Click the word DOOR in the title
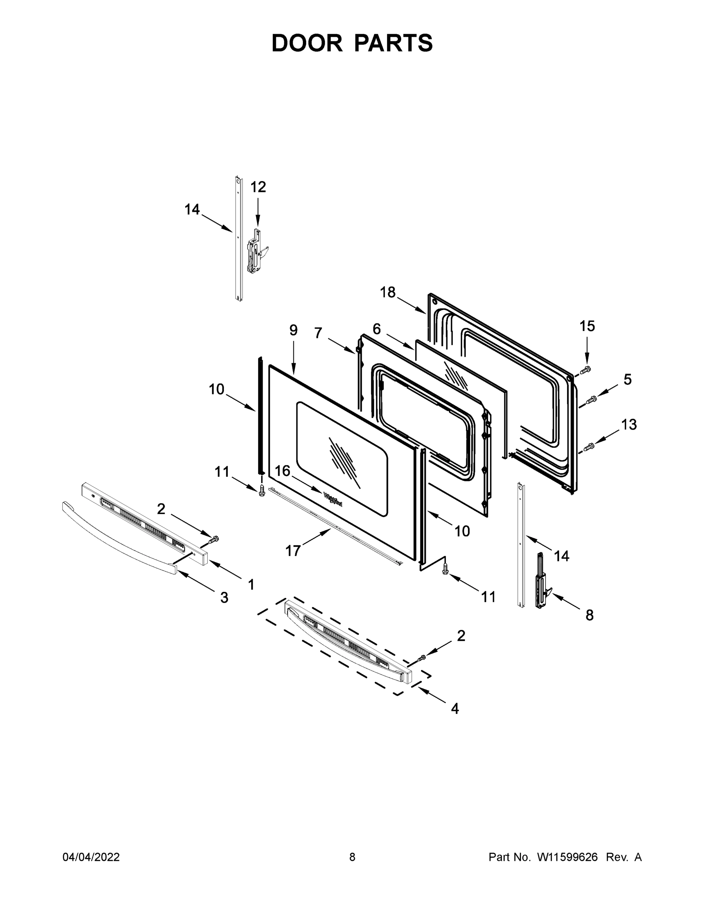[x=307, y=43]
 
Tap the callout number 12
[x=258, y=187]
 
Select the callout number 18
[x=387, y=292]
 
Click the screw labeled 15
[x=586, y=369]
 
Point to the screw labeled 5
[x=591, y=400]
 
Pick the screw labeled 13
[x=589, y=447]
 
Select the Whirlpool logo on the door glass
[x=333, y=499]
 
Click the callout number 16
[x=282, y=471]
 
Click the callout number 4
[x=455, y=708]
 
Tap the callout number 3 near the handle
[x=224, y=598]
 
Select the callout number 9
[x=293, y=330]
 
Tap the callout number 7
[x=318, y=333]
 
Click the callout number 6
[x=376, y=329]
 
